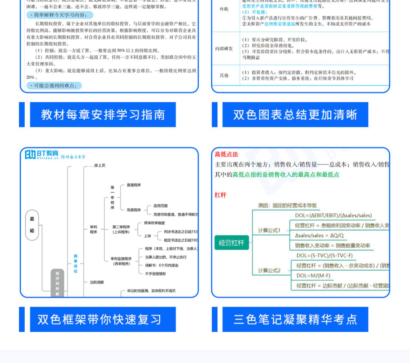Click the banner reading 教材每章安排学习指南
point(103,115)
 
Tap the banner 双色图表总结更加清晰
point(295,115)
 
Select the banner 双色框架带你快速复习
point(103,319)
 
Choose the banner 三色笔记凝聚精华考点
point(295,319)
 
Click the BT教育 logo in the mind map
point(42,154)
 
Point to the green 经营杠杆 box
point(232,243)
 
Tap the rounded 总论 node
point(32,225)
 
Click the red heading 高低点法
point(226,154)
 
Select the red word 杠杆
point(220,195)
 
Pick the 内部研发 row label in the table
point(224,49)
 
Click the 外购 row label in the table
point(224,9)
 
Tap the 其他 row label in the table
point(224,75)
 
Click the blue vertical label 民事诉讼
point(75,263)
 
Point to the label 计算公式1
point(269,231)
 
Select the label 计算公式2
point(269,270)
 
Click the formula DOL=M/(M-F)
point(313,276)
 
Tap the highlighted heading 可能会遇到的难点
point(54,86)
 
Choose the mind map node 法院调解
point(97,282)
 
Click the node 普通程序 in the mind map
point(134,185)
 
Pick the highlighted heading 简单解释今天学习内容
point(60,15)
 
